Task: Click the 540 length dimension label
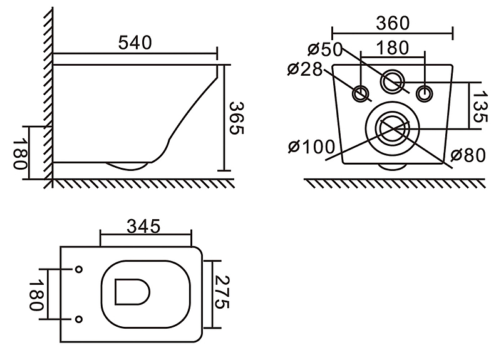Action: click(x=135, y=43)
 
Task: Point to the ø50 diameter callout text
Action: click(x=324, y=49)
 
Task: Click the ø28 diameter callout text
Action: click(x=306, y=69)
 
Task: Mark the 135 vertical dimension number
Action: click(x=479, y=106)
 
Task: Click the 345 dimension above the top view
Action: click(x=145, y=225)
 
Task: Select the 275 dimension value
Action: click(x=220, y=294)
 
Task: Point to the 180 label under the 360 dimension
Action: click(x=393, y=48)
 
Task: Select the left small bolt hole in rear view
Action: click(x=361, y=93)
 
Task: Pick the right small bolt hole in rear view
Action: click(x=425, y=93)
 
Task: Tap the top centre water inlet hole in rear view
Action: click(x=393, y=81)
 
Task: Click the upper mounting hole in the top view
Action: click(x=79, y=270)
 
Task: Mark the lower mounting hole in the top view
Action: click(x=79, y=319)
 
